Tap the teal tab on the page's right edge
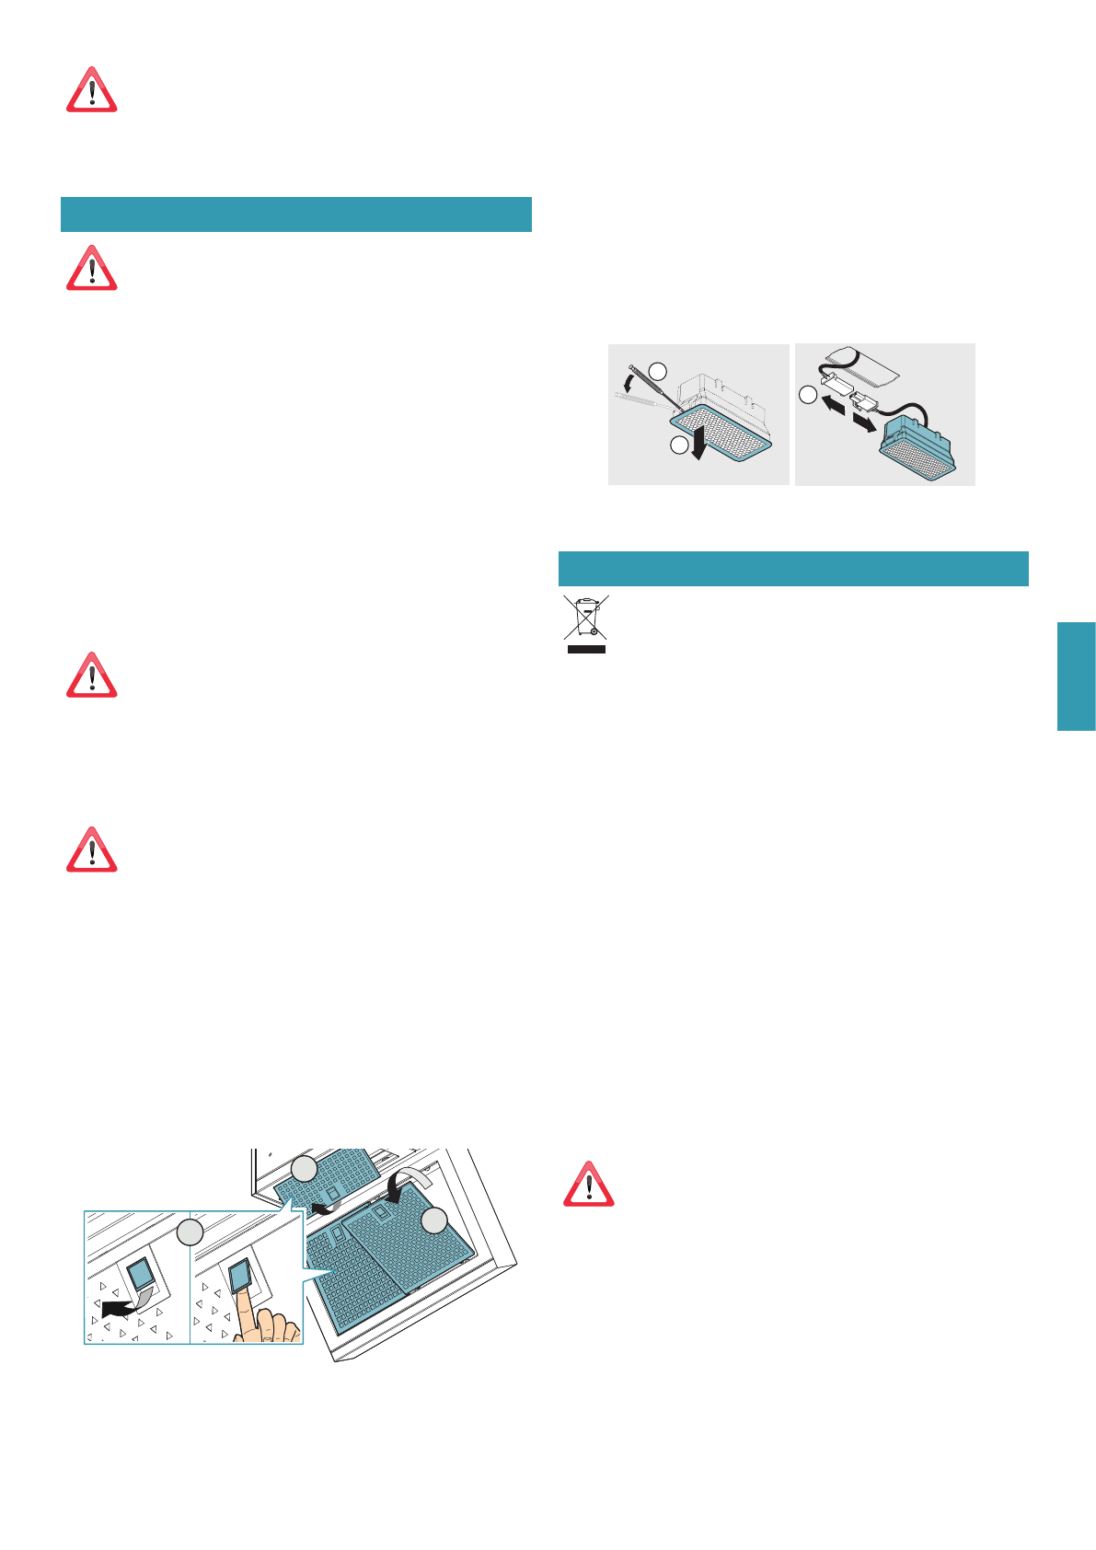pos(1076,677)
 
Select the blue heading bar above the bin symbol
pos(793,569)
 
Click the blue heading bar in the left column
pos(296,214)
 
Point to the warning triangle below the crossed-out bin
pos(588,1185)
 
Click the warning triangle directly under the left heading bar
pos(91,269)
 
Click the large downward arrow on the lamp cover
pos(701,442)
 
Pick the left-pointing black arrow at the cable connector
pos(835,404)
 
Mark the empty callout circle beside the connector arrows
pos(807,395)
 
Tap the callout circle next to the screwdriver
pos(658,371)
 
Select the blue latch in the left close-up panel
pos(141,1275)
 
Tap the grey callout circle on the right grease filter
pos(434,1221)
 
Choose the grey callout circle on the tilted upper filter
pos(304,1169)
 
